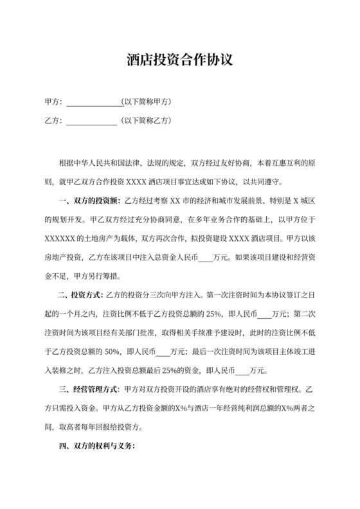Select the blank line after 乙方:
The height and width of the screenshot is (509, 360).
click(x=91, y=120)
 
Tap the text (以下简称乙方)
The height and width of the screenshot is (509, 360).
click(x=147, y=120)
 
